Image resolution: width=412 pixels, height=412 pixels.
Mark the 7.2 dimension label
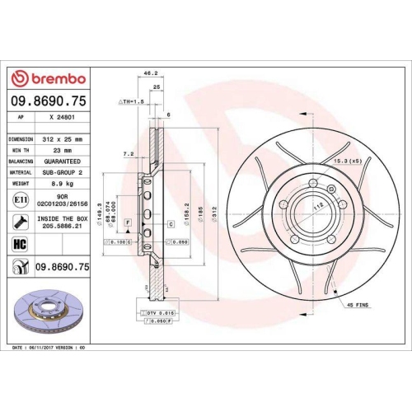click(129, 154)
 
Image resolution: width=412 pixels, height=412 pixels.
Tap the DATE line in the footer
click(49, 349)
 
